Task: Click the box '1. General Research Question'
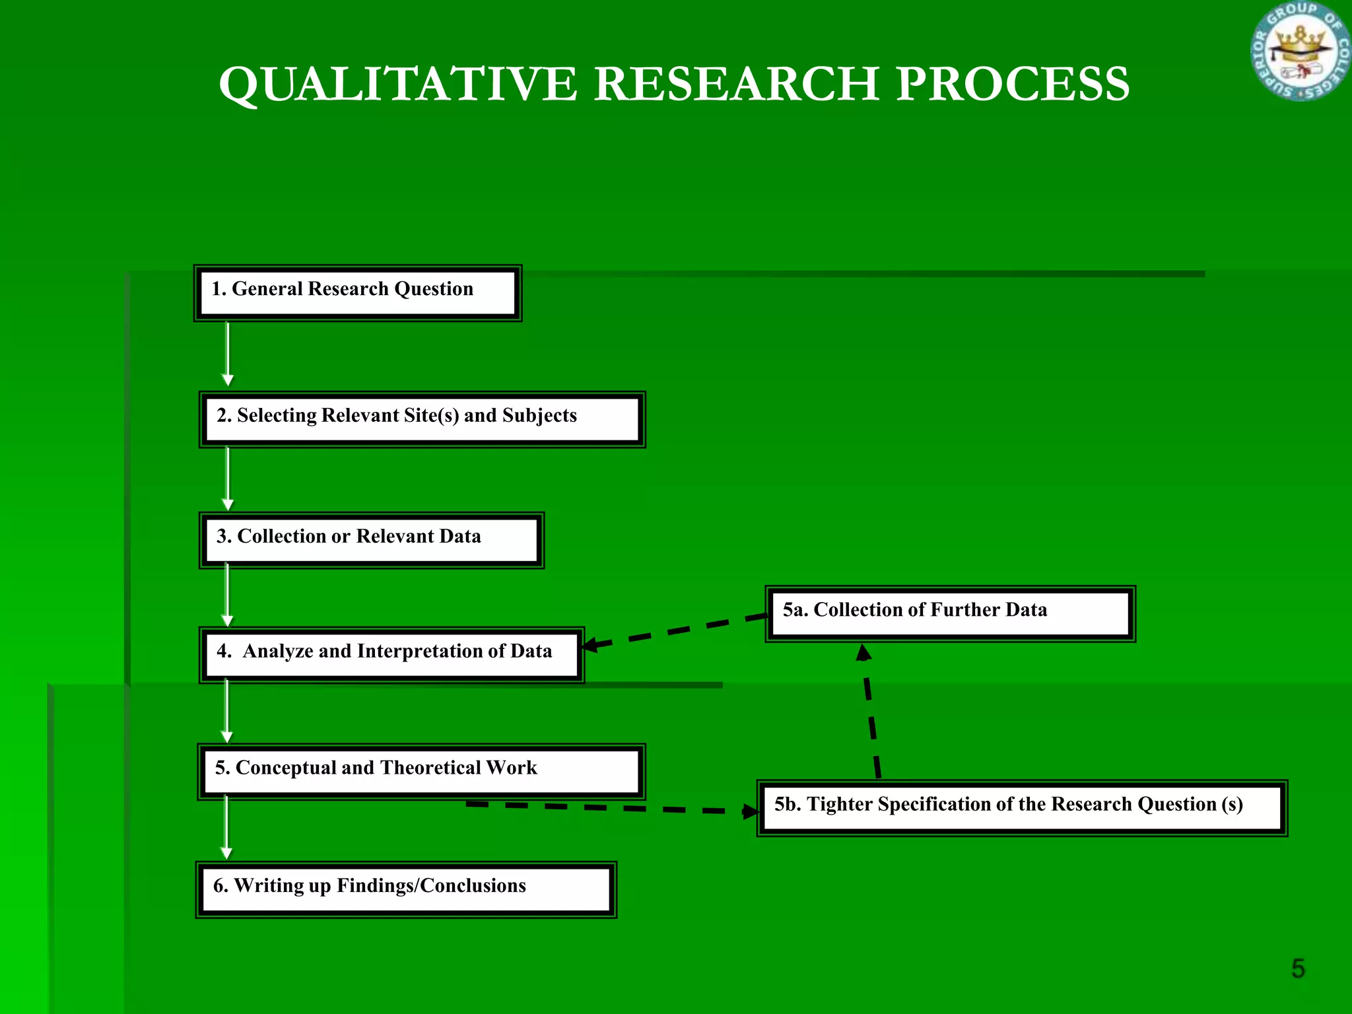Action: pos(357,293)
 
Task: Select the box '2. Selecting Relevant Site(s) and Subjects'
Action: pos(422,419)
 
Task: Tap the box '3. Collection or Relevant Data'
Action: pos(371,540)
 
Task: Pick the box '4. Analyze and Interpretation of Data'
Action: pos(391,655)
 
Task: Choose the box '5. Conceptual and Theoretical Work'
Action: pos(421,771)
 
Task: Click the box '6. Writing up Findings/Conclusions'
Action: pos(405,889)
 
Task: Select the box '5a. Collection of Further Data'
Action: pos(950,613)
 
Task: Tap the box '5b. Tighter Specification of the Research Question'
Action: pos(1021,808)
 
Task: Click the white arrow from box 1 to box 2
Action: pos(228,353)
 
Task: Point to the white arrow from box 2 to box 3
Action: pos(228,478)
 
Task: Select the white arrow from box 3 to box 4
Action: pos(227,594)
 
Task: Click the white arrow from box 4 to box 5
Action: pos(226,710)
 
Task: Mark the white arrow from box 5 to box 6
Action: pos(226,827)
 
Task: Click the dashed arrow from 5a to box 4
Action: pos(673,630)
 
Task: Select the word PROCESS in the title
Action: pos(1012,84)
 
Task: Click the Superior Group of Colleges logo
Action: pos(1300,51)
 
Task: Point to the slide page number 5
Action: pos(1298,968)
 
